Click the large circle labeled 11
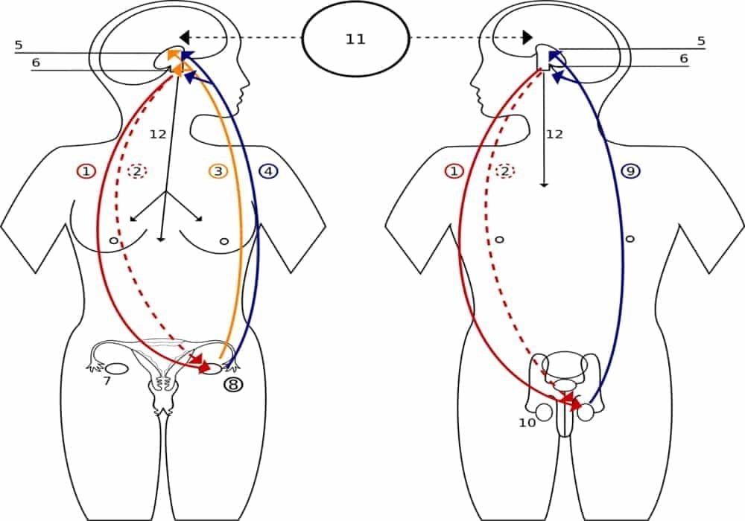click(x=355, y=39)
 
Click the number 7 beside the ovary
click(x=107, y=381)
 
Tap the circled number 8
click(x=234, y=385)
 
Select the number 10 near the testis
click(x=527, y=423)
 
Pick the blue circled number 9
click(x=630, y=171)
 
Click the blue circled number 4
click(x=268, y=171)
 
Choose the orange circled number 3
click(x=218, y=171)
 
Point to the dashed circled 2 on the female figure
click(x=136, y=171)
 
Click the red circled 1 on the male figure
click(x=453, y=171)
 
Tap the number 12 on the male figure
click(x=554, y=134)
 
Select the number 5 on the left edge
click(x=19, y=45)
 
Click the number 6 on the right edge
click(x=683, y=58)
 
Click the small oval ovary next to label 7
click(x=116, y=368)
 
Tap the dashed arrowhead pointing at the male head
click(x=527, y=36)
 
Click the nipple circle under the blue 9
click(x=630, y=239)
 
